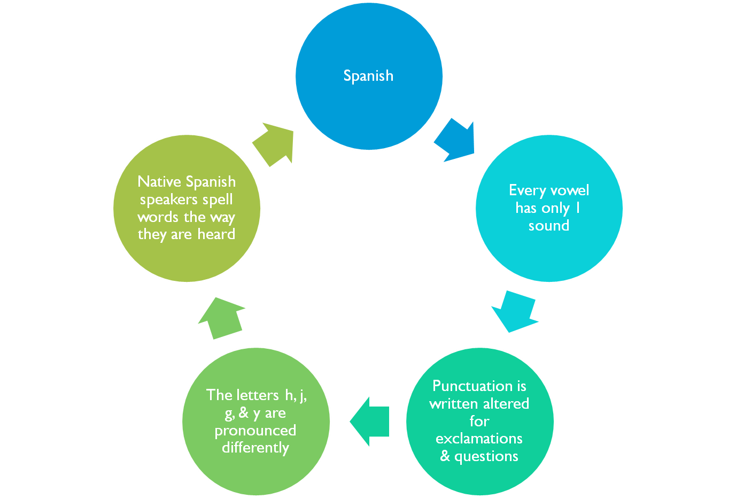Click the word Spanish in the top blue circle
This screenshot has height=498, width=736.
(368, 76)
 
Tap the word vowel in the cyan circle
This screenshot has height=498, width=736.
(570, 190)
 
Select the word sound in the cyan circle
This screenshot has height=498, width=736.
(549, 226)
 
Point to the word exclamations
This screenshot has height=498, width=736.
(479, 439)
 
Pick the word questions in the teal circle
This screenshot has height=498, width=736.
(486, 456)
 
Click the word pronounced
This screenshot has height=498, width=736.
(255, 431)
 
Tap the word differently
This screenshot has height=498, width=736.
(255, 448)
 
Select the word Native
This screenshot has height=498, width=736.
(159, 182)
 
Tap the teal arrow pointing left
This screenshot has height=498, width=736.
(369, 422)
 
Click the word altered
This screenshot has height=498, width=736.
(506, 404)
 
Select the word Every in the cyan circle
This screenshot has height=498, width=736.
(527, 190)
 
